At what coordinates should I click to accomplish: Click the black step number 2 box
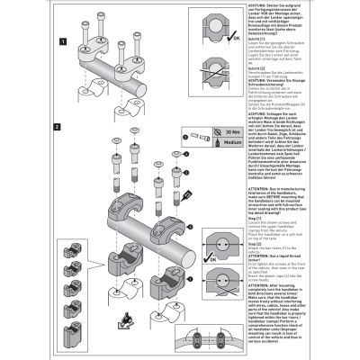point(60,127)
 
